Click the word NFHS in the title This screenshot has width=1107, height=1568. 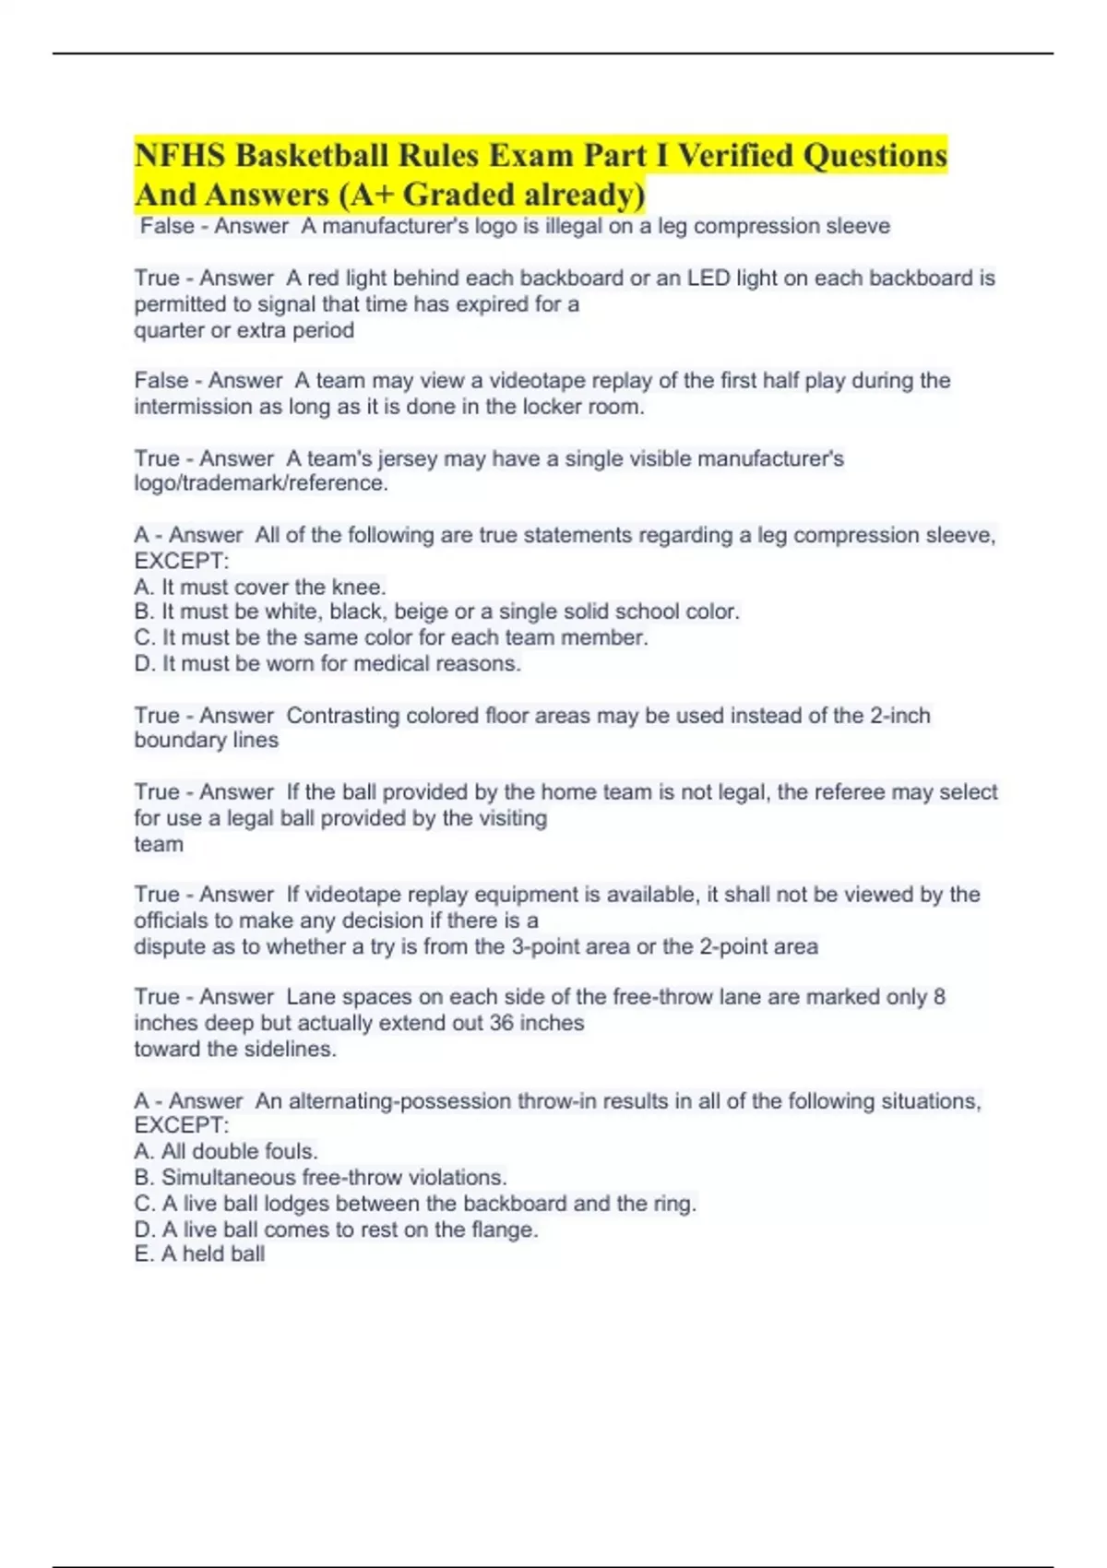(180, 155)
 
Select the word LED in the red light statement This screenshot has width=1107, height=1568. (708, 278)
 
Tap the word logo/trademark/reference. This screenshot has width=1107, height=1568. (260, 483)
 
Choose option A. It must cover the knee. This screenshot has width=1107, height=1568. (260, 587)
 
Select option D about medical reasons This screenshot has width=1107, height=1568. (327, 663)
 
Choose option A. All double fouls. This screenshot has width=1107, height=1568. (226, 1151)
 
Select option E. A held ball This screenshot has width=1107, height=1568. (199, 1254)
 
